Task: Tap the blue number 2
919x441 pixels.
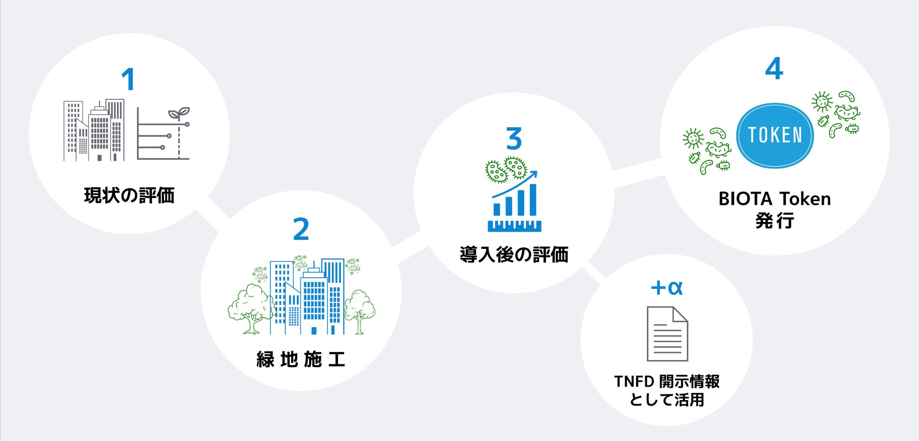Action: pyautogui.click(x=301, y=229)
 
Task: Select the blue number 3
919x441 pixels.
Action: pyautogui.click(x=514, y=139)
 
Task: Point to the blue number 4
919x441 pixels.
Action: pyautogui.click(x=774, y=69)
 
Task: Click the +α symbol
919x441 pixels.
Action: pyautogui.click(x=666, y=287)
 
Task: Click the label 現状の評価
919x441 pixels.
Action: pyautogui.click(x=129, y=196)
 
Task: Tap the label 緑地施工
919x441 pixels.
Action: pyautogui.click(x=301, y=359)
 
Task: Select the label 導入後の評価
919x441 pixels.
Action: pyautogui.click(x=514, y=255)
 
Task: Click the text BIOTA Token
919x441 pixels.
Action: pyautogui.click(x=774, y=199)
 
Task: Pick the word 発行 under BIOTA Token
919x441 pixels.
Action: pyautogui.click(x=774, y=220)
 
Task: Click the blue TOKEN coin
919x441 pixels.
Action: pyautogui.click(x=775, y=135)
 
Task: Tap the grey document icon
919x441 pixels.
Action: pyautogui.click(x=667, y=334)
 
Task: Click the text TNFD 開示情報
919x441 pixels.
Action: pyautogui.click(x=666, y=381)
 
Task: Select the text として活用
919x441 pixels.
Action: pyautogui.click(x=666, y=400)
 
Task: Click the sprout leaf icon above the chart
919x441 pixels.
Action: pyautogui.click(x=179, y=114)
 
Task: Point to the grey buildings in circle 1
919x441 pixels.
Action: pyautogui.click(x=94, y=131)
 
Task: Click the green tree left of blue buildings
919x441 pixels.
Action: pyautogui.click(x=250, y=309)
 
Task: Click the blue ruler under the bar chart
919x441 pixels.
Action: pyautogui.click(x=514, y=226)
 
